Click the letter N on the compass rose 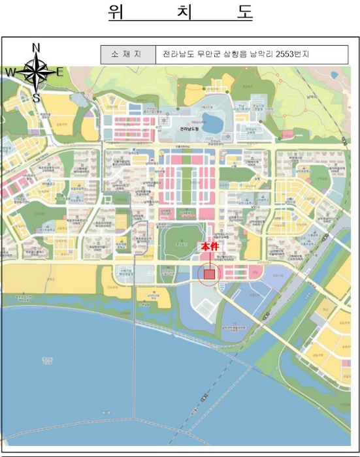37,47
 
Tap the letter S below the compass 37,99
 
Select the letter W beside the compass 11,72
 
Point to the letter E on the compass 59,72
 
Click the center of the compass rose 36,72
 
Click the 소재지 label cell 127,54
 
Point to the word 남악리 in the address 261,54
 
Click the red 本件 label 209,247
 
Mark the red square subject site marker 209,274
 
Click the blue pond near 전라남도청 212,121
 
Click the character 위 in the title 118,13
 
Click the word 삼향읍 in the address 235,54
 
